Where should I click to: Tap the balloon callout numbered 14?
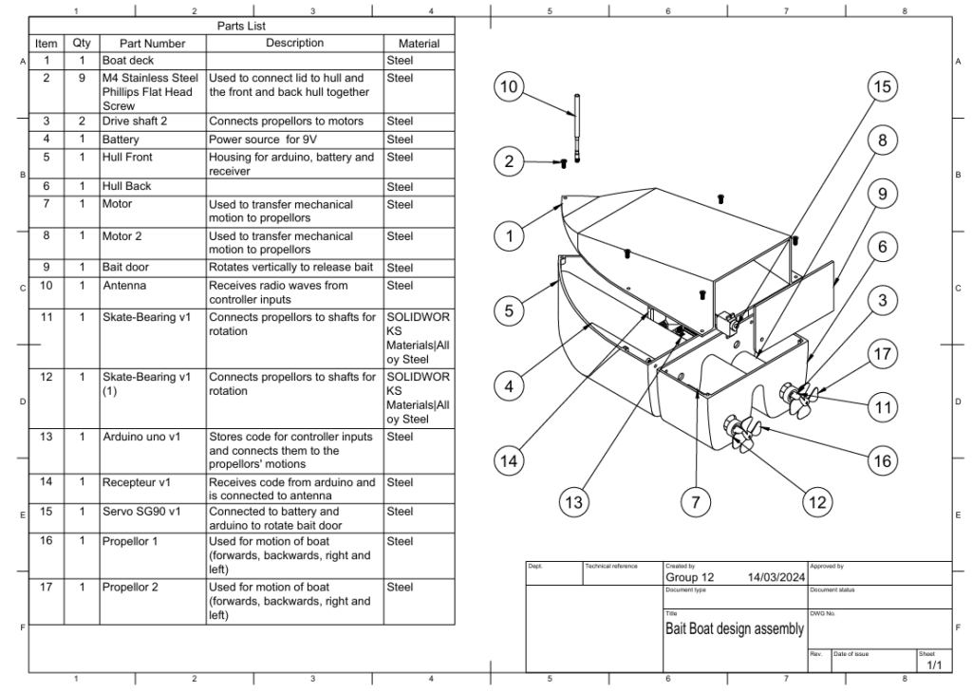coord(511,461)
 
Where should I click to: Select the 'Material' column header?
coord(407,43)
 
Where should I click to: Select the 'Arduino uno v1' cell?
coord(140,438)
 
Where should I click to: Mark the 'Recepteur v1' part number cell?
coord(136,483)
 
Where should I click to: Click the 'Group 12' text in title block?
coord(690,576)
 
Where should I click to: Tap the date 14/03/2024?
coord(776,576)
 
